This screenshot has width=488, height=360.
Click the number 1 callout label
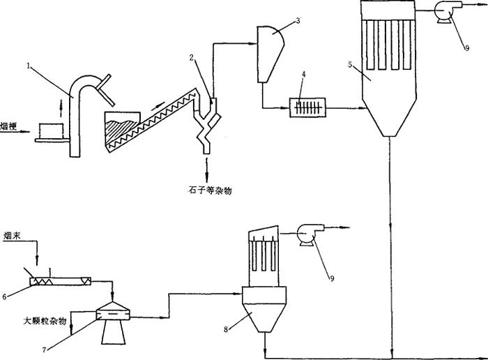(x=29, y=67)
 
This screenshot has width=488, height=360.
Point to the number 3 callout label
(x=298, y=21)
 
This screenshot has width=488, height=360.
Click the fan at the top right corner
(x=445, y=10)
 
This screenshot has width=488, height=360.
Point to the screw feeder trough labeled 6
(x=60, y=280)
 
